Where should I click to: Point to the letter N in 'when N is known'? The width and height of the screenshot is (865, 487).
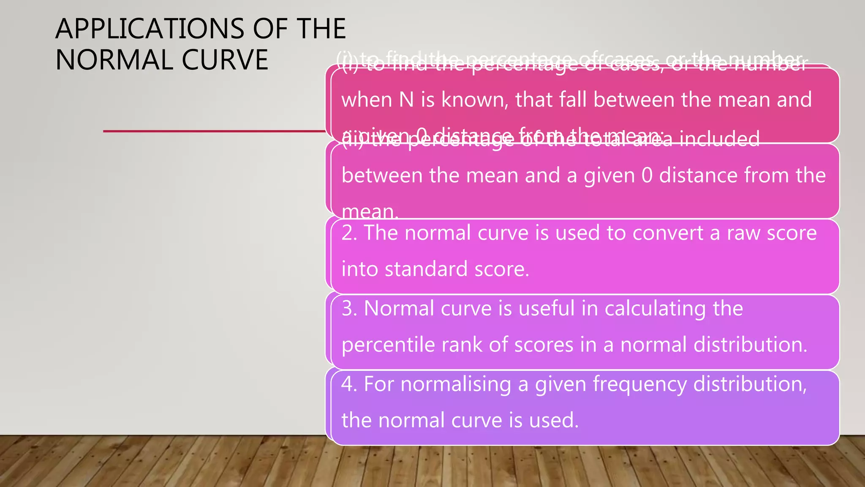click(406, 100)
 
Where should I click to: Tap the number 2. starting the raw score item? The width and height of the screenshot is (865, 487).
click(349, 233)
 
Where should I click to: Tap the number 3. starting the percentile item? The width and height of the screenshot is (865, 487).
click(349, 308)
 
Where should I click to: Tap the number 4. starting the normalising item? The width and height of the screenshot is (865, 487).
click(349, 384)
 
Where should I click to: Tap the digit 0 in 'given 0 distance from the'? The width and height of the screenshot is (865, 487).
click(647, 175)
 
